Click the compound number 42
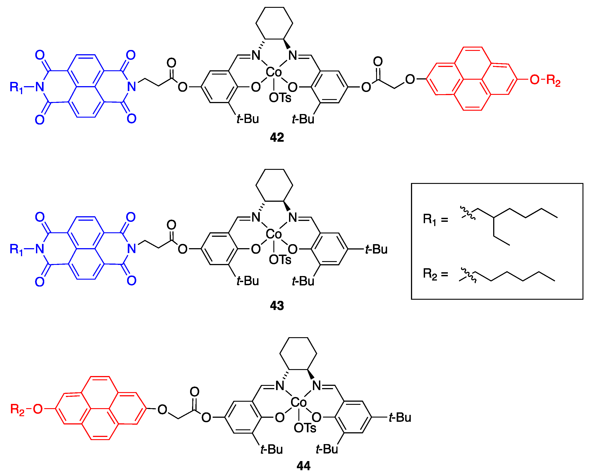[x=277, y=137]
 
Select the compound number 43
[x=277, y=306]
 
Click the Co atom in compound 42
[x=274, y=72]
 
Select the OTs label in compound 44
[x=305, y=428]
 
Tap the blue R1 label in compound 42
[x=16, y=87]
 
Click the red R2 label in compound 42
[x=553, y=80]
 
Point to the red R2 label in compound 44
[x=17, y=409]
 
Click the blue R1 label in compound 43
[x=16, y=249]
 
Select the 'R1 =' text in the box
[x=435, y=220]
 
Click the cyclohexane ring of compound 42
[x=274, y=23]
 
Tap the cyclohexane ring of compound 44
[x=298, y=353]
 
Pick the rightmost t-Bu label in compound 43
[x=376, y=249]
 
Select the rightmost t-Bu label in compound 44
[x=400, y=418]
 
